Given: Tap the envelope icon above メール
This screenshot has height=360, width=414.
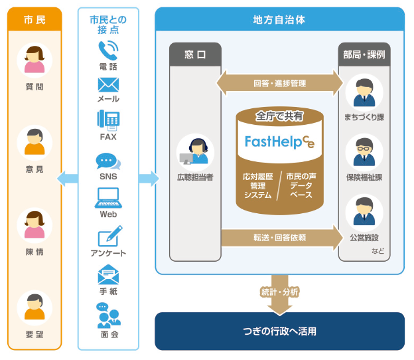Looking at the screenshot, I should click(107, 84).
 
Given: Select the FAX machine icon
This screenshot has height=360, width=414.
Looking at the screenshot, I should click(107, 120).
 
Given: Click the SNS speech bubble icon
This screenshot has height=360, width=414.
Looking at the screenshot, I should click(107, 161).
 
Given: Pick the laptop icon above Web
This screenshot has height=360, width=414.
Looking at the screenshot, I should click(107, 197).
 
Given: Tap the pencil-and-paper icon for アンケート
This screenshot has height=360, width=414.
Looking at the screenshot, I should click(109, 236).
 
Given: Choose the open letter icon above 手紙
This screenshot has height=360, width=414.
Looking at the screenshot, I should click(107, 274).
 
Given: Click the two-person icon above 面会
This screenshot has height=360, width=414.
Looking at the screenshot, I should click(108, 315).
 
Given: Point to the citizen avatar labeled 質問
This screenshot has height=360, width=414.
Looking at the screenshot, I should click(34, 60).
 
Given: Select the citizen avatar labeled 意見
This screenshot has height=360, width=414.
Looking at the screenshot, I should click(34, 143).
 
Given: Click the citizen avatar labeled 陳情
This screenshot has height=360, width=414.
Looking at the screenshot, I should click(34, 226).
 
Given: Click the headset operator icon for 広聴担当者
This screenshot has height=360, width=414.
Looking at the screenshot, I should click(195, 151).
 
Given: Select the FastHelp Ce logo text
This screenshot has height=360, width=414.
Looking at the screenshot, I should click(279, 141).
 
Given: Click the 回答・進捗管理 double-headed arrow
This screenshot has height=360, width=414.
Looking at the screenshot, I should click(279, 84).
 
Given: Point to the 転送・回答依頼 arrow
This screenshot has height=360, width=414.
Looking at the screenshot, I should click(279, 237).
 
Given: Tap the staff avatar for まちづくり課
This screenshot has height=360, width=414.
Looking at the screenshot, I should click(364, 92).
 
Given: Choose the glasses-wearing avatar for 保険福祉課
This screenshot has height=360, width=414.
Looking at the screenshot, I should click(364, 151).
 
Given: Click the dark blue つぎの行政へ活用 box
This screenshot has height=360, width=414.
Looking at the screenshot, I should click(279, 331).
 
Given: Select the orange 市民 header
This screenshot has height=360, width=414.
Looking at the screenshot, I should click(34, 20).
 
